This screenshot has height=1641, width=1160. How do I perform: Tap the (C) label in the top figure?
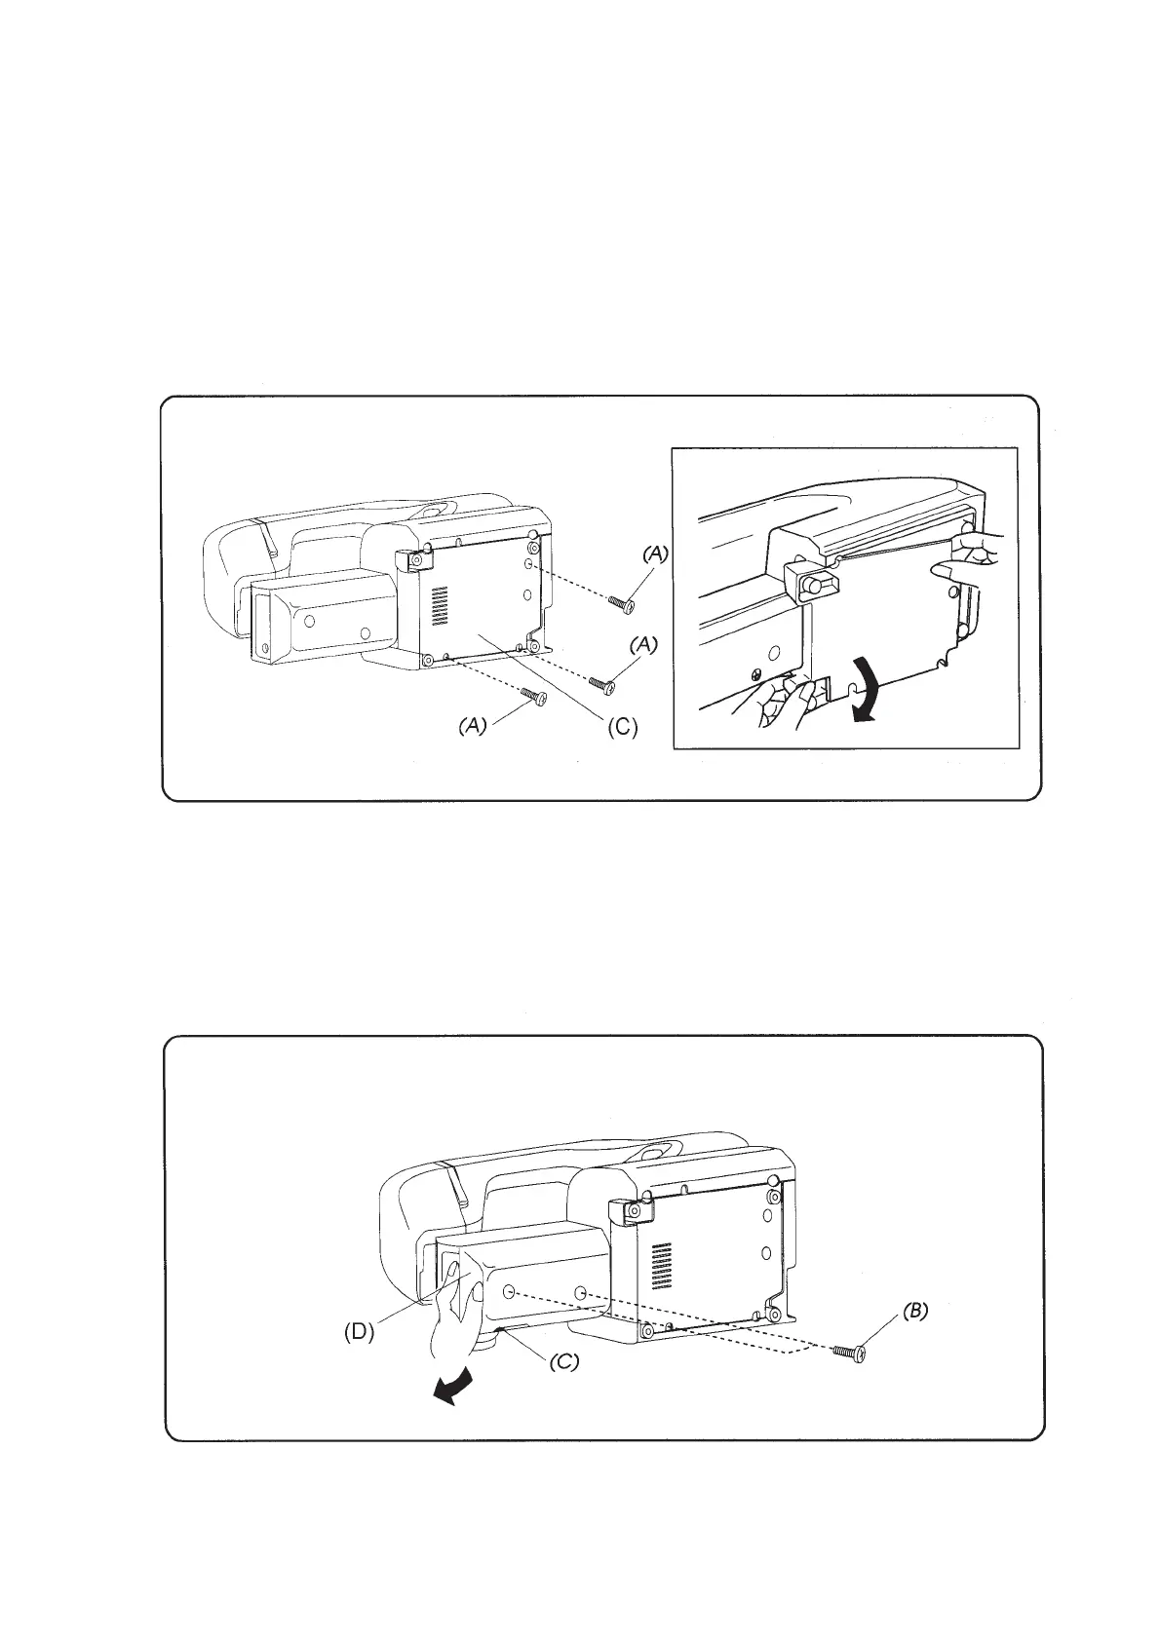pyautogui.click(x=620, y=727)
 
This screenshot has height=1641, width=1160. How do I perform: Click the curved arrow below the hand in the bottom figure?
pyautogui.click(x=455, y=1389)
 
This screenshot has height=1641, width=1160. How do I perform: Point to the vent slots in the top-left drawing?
pyautogui.click(x=438, y=605)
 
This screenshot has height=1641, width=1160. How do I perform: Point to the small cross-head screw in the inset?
pyautogui.click(x=756, y=672)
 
